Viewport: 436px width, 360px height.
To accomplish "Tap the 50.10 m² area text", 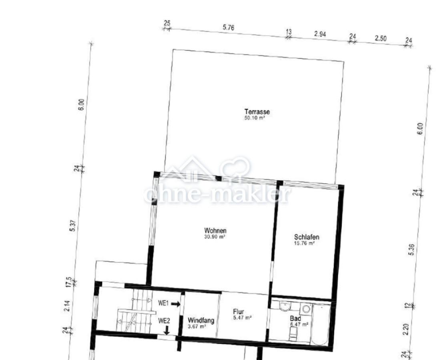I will coord(255,118).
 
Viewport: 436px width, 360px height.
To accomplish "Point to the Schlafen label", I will coord(307,237).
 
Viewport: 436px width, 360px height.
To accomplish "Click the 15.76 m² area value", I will coord(304,243).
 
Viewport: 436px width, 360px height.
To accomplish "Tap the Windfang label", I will coord(201,320).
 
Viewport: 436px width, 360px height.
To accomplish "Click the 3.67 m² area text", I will coord(197,326).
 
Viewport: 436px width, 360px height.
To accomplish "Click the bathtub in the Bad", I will coord(321,325).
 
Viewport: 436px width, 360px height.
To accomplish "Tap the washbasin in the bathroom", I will coord(285,307).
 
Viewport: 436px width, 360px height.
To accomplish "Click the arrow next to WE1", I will coord(176,304).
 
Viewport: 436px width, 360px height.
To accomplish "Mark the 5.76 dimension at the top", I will coord(228,28).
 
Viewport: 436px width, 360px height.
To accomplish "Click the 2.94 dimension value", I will coord(320,34).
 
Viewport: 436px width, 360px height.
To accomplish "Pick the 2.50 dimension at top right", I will coord(381,38).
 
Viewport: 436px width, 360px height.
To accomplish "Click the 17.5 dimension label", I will coord(69,282).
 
